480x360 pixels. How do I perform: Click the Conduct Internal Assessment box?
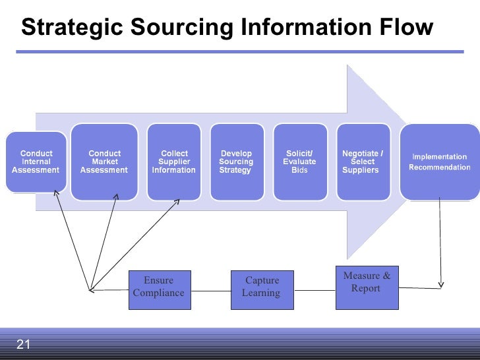(x=36, y=162)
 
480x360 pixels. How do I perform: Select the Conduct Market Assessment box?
(x=104, y=162)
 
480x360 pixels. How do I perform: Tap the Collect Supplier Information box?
(x=174, y=162)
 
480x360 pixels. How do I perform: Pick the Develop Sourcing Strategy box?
(x=236, y=162)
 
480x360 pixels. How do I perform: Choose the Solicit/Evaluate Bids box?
(x=299, y=162)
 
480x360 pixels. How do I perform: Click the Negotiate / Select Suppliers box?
(x=363, y=162)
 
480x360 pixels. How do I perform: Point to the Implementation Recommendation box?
(x=439, y=162)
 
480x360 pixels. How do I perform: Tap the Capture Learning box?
(x=262, y=289)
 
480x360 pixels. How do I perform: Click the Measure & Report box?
(x=367, y=288)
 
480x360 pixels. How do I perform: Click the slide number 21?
(x=24, y=344)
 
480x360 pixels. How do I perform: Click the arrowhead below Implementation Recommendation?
(x=440, y=284)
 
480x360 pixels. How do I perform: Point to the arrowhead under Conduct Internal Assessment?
(x=57, y=194)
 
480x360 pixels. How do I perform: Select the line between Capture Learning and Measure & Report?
(x=315, y=289)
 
